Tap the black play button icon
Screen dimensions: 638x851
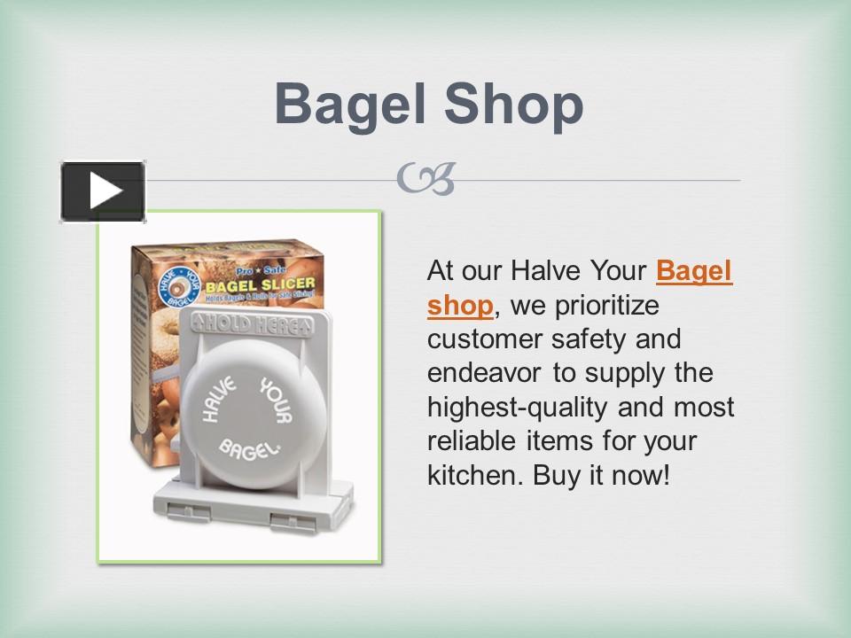(103, 191)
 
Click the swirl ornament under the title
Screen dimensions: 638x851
(425, 179)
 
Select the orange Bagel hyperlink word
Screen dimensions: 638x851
(694, 271)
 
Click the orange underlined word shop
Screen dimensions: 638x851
(459, 305)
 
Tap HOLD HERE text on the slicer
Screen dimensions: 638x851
(253, 325)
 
